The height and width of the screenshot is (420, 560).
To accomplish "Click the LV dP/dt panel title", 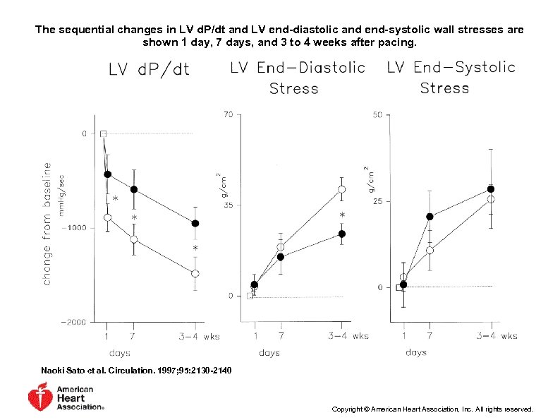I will click(149, 70).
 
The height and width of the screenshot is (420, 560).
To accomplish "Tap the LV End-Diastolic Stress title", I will click(297, 78).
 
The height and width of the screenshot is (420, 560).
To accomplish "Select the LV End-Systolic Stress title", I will click(451, 78).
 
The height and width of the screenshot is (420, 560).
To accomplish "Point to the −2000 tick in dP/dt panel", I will click(73, 322).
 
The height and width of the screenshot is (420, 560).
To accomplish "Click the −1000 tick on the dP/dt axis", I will click(73, 227).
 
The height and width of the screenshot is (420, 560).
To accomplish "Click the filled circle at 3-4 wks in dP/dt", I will click(195, 223).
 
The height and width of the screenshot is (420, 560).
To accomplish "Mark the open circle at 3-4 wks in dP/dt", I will click(195, 273).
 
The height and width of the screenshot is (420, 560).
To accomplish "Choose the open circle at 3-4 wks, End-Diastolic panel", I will click(341, 189).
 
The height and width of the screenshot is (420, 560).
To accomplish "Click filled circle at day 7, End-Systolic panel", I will click(430, 217).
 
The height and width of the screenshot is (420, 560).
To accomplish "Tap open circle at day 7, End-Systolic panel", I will click(430, 250).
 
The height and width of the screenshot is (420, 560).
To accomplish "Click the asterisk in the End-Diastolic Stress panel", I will click(342, 215).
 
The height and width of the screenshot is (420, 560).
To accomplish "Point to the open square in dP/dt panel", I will click(103, 133).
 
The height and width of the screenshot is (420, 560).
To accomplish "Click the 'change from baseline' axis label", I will click(47, 224).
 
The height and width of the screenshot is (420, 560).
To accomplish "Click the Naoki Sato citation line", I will click(136, 371).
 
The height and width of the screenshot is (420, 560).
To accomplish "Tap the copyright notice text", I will click(432, 409).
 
